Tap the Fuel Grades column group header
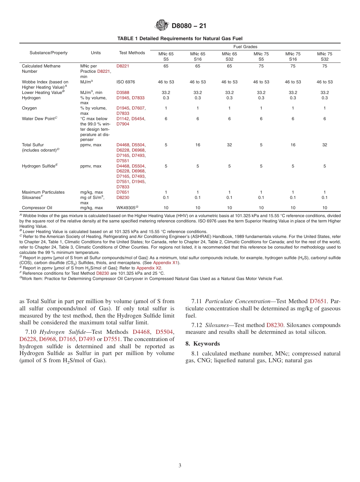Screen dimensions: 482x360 [245, 47]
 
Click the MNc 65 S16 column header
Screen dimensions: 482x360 [197, 56]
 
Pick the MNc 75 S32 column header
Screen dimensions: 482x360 [324, 56]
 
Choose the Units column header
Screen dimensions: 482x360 [96, 53]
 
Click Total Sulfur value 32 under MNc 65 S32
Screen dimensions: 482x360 [229, 145]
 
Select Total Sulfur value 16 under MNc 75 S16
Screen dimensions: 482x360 [293, 145]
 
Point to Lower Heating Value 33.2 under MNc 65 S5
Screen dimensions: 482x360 [166, 92]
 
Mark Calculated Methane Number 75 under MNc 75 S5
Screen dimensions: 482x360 [261, 66]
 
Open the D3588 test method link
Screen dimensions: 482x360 [122, 92]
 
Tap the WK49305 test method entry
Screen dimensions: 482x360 [126, 208]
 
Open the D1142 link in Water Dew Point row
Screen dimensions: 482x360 [122, 119]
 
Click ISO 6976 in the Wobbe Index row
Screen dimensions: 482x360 [125, 82]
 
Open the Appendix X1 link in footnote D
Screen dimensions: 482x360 [165, 263]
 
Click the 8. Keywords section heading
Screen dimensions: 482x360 [202, 343]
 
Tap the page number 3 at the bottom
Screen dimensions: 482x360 [180, 465]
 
